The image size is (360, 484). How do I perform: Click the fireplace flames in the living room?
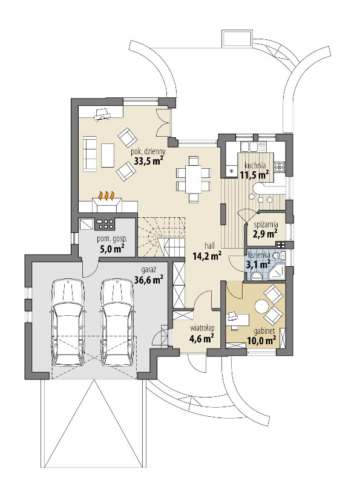coord(106,195)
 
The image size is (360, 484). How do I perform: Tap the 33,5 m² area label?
coord(148,160)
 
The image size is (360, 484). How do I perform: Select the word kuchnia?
coord(255,165)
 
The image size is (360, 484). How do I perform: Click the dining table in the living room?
coord(193,178)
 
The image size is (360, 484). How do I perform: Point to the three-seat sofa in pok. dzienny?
coord(90,153)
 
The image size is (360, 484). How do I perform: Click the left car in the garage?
coord(68,322)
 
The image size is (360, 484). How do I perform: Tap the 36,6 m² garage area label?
coord(149,280)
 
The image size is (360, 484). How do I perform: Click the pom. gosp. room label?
coord(112,238)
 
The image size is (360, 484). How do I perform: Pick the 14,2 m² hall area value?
coord(206,255)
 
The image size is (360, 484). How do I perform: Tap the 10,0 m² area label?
coord(261,341)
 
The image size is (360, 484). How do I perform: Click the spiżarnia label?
coord(266,224)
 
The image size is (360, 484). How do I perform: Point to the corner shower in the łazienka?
coord(278,272)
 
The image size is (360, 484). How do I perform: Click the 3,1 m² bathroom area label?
coord(258,264)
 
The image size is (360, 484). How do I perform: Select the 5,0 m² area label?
coord(112,248)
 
